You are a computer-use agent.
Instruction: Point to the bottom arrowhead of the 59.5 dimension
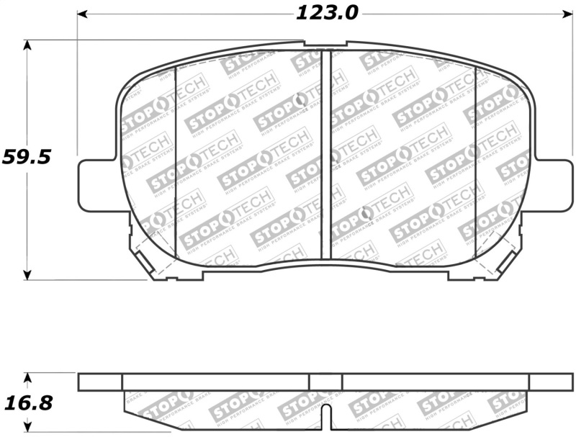[27, 274]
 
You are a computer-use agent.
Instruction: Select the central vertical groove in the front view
[325, 155]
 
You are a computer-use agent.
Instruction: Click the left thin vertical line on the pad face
[176, 162]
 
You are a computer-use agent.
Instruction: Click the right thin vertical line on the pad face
[475, 162]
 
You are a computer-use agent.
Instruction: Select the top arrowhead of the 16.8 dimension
[27, 377]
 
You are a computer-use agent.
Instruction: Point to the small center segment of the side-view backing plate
[325, 382]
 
